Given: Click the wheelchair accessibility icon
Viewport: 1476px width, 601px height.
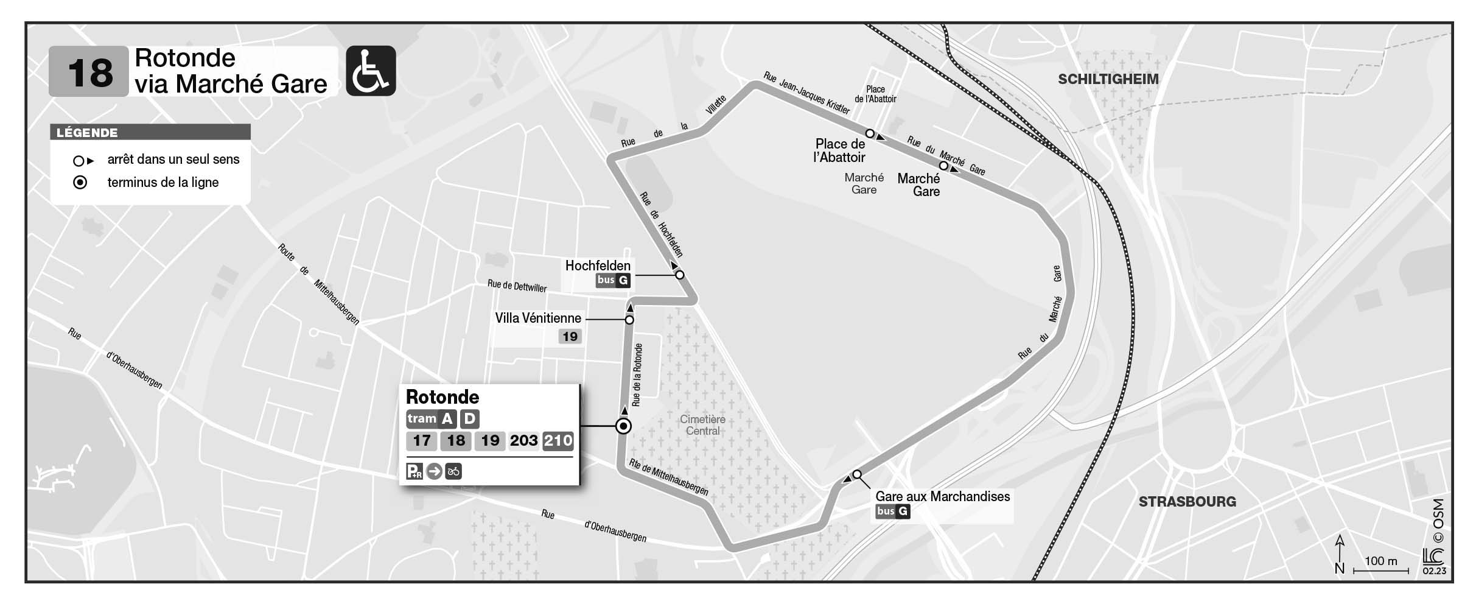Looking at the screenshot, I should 371,71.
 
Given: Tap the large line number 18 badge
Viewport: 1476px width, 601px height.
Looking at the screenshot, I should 89,72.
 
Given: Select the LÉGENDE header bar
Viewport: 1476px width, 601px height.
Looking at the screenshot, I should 150,132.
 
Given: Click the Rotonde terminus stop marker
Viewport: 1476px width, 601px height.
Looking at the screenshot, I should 623,426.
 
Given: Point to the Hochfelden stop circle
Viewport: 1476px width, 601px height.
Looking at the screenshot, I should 680,275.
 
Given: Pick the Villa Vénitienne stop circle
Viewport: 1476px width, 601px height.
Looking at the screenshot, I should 629,320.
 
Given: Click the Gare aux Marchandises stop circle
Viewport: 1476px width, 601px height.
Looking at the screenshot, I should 857,474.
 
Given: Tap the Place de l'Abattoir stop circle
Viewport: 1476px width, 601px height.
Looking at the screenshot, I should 870,133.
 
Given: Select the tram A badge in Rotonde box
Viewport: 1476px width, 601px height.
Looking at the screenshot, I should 447,419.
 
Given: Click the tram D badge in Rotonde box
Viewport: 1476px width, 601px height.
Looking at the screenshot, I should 469,419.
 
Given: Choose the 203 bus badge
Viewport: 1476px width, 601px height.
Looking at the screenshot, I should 523,441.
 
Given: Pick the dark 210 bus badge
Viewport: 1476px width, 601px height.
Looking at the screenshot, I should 558,441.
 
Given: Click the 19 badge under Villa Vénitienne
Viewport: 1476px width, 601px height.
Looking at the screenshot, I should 570,337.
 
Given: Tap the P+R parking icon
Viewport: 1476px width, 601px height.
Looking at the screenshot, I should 414,471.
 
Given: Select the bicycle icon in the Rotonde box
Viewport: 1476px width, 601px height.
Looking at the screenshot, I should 453,471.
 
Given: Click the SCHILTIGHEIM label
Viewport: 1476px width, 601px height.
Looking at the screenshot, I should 1108,79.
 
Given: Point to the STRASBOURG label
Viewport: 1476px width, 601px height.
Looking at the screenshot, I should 1187,502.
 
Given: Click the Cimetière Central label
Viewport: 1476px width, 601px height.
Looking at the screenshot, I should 702,425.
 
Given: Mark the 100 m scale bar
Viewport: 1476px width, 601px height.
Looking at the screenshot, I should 1380,571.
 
